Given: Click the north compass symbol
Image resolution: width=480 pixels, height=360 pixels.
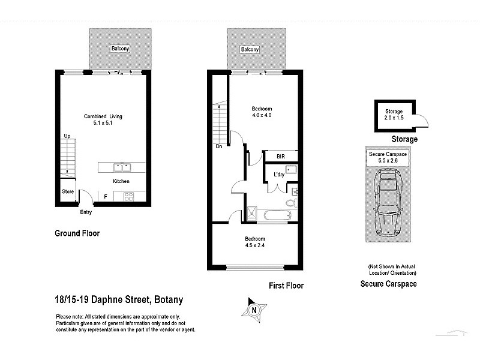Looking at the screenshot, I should click(x=254, y=310).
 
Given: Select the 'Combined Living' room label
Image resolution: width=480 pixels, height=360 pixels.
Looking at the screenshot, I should click(x=98, y=116).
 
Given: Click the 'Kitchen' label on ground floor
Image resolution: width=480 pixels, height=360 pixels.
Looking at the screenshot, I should click(x=121, y=181).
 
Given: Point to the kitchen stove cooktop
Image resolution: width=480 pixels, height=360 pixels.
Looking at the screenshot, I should click(x=128, y=196).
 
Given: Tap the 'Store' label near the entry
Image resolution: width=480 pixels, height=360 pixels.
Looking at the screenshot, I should click(x=67, y=193).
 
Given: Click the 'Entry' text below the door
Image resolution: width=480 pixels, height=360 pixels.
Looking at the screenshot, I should click(x=86, y=212).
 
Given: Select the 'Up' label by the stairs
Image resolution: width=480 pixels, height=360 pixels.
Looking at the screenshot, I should click(x=67, y=136).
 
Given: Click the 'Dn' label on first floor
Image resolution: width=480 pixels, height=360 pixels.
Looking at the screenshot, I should click(x=219, y=146).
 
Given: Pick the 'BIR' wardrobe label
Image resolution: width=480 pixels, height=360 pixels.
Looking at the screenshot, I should click(x=281, y=157).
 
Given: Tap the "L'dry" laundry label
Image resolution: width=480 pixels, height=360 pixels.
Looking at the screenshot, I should click(x=279, y=175).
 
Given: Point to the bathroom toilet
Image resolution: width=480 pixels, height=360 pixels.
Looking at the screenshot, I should click(x=290, y=203).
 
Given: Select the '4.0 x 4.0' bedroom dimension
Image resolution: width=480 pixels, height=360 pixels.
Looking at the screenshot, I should click(x=262, y=115).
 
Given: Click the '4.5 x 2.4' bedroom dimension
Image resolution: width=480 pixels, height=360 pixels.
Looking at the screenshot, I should click(x=255, y=245).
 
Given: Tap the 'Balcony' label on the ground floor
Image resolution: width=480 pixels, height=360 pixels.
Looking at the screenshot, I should click(x=119, y=49).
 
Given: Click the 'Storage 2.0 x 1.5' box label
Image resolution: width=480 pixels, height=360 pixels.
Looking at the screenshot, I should click(x=394, y=115).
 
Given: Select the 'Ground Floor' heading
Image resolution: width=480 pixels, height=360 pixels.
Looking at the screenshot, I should click(x=77, y=233).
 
